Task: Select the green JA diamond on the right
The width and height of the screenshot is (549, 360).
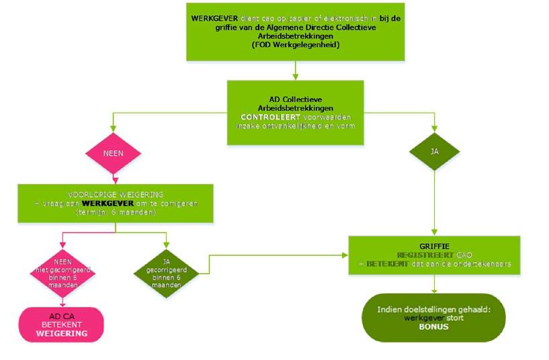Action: (x=434, y=152)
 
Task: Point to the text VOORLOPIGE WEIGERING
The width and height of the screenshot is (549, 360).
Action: (x=116, y=193)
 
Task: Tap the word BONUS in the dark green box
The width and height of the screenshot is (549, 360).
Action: (x=433, y=328)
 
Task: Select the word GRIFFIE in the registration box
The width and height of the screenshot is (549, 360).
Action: (x=434, y=246)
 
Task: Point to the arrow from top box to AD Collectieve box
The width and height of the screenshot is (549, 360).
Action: (x=296, y=70)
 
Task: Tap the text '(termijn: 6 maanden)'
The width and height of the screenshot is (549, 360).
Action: (x=116, y=211)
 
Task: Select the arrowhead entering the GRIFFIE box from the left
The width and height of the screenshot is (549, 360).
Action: (x=345, y=255)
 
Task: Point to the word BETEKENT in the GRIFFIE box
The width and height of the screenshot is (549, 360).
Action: (x=386, y=264)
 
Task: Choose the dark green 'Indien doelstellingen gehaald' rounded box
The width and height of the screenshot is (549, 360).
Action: (x=433, y=317)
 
